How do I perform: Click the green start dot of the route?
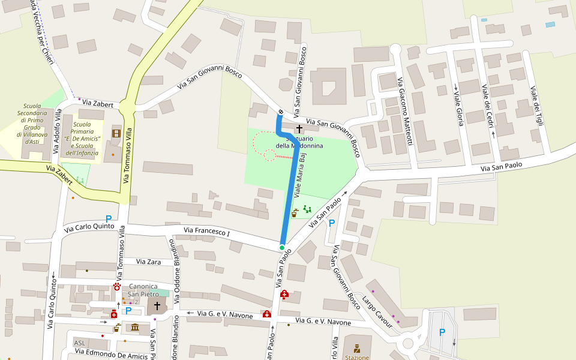[x=281, y=247]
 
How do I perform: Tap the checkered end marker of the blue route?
[x=280, y=112]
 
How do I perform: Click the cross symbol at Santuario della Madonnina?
[x=299, y=129]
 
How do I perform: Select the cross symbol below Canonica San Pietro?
[x=157, y=306]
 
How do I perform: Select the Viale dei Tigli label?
[x=536, y=106]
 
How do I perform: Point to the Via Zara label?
[x=148, y=262]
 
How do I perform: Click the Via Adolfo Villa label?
[x=57, y=131]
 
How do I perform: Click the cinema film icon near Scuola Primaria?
[x=116, y=133]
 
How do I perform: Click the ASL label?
[x=79, y=343]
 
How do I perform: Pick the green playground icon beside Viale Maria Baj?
[x=307, y=209]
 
